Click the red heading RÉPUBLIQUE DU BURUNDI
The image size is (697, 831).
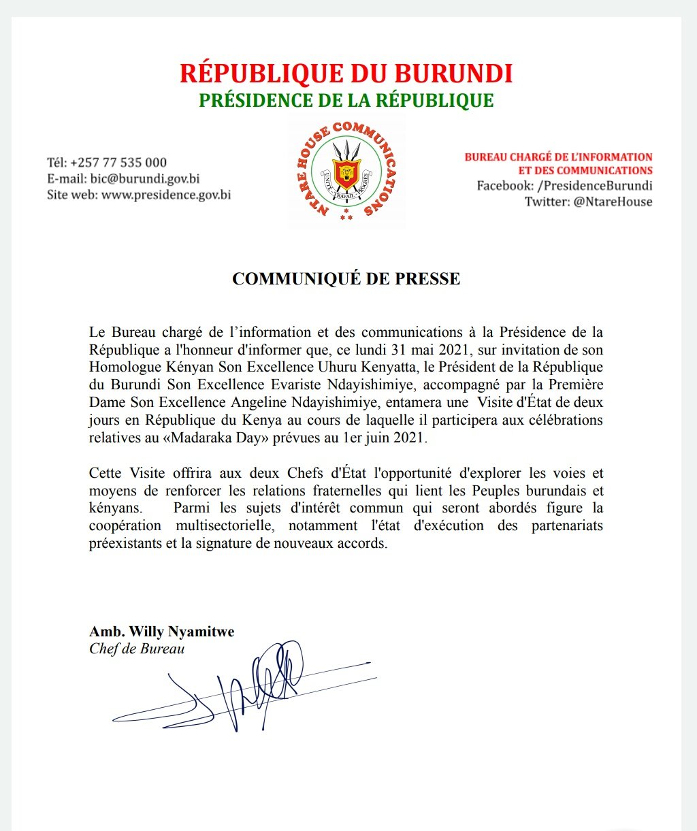click(x=346, y=74)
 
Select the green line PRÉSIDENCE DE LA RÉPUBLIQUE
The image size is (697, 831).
click(x=346, y=101)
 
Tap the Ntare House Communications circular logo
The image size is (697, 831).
click(x=346, y=173)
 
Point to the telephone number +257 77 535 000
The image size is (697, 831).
click(x=118, y=163)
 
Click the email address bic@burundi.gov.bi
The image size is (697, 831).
click(x=145, y=179)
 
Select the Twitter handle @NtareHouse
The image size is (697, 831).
click(x=613, y=201)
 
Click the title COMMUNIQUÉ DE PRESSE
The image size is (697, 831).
click(x=346, y=278)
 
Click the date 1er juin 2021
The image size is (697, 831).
click(x=385, y=438)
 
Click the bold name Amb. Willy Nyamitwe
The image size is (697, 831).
click(x=162, y=632)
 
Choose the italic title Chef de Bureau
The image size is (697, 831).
click(x=137, y=649)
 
